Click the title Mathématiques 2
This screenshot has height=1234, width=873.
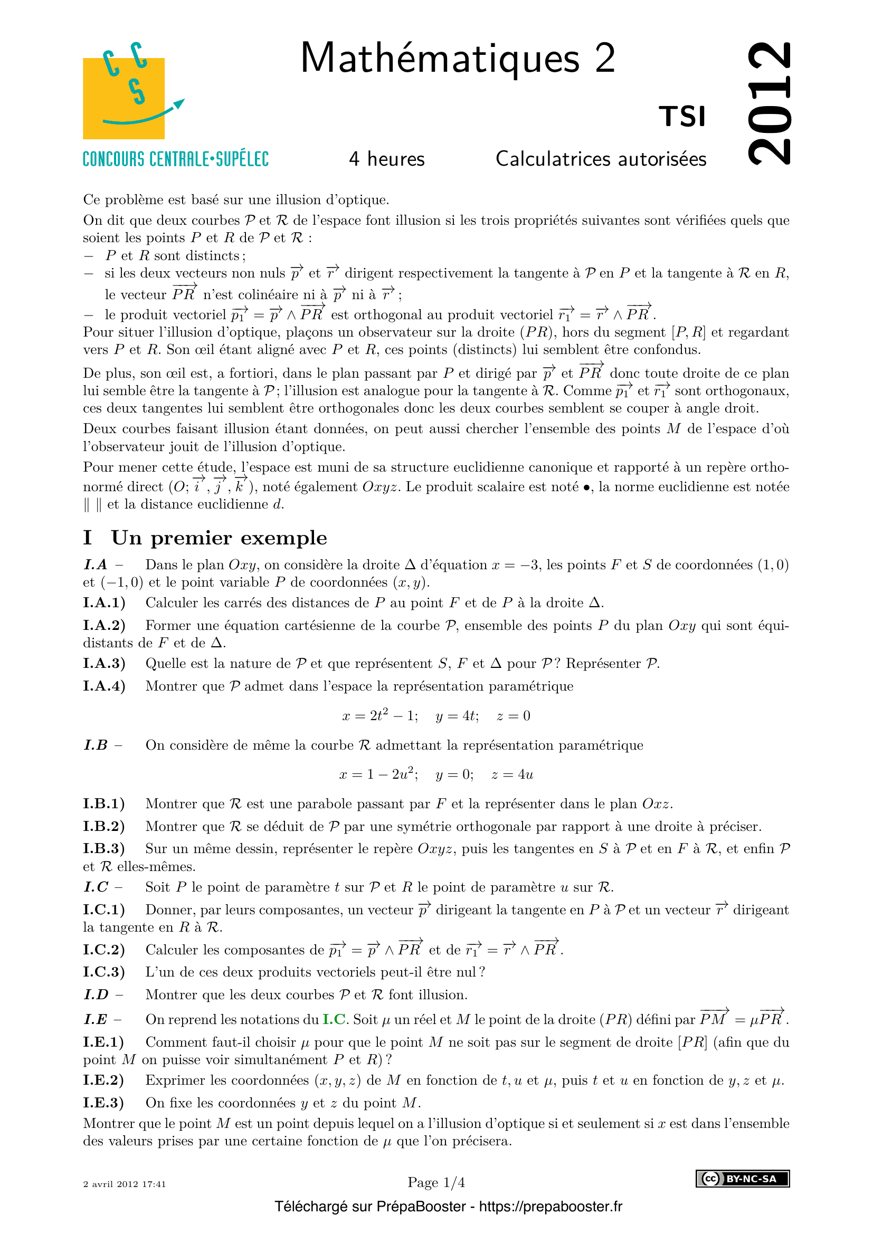(458, 58)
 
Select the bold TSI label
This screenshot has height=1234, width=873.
(681, 117)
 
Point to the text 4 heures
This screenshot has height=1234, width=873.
(386, 159)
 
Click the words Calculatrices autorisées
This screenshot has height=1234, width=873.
(601, 159)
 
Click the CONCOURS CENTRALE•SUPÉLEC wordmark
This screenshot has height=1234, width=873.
(176, 159)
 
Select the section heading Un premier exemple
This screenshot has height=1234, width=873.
(219, 538)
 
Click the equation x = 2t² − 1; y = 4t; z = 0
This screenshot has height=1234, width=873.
(436, 716)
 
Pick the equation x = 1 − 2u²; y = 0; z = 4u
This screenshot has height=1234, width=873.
(436, 774)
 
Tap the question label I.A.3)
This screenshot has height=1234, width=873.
(105, 664)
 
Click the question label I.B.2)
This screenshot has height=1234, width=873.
(104, 826)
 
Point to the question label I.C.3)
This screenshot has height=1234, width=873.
(104, 972)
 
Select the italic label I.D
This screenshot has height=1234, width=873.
(96, 995)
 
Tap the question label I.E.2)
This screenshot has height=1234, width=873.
(104, 1080)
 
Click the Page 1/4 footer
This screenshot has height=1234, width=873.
(436, 1182)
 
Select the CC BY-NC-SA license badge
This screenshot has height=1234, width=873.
(743, 1179)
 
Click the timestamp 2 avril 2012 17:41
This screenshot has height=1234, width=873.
(125, 1184)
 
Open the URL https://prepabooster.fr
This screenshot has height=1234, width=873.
(551, 1207)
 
